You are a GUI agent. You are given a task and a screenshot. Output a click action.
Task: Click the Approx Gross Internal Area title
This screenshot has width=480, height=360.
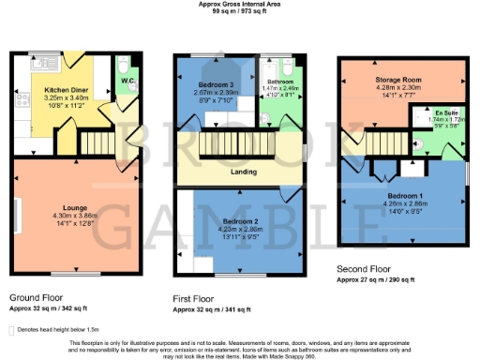coord(239,4)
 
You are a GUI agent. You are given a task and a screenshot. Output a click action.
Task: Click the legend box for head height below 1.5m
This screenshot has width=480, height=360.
coord(11,330)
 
